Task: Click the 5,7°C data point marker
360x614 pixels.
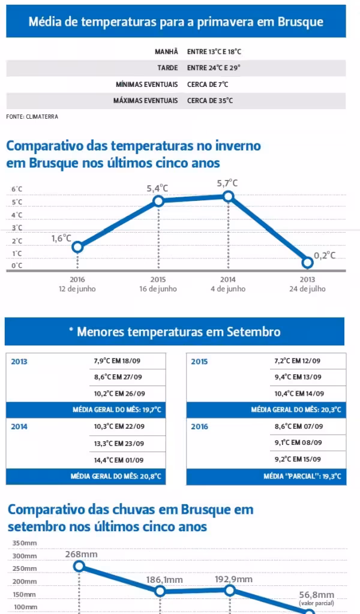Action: coord(228,196)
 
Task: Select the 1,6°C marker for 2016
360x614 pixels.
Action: coord(77,247)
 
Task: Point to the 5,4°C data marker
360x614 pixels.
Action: coord(158,201)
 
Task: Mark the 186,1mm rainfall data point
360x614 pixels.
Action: coord(160,591)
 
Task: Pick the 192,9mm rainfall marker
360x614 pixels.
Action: coord(230,590)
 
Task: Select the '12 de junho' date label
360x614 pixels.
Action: coord(77,289)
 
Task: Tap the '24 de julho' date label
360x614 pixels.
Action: coord(307,289)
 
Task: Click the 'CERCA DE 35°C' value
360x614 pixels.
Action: coord(210,101)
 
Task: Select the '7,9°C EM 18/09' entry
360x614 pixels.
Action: coord(118,361)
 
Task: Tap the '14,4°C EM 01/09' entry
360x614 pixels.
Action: coord(119,460)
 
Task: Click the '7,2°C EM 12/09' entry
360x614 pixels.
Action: coord(297,361)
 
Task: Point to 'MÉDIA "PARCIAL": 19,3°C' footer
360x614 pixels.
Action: coord(302,477)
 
